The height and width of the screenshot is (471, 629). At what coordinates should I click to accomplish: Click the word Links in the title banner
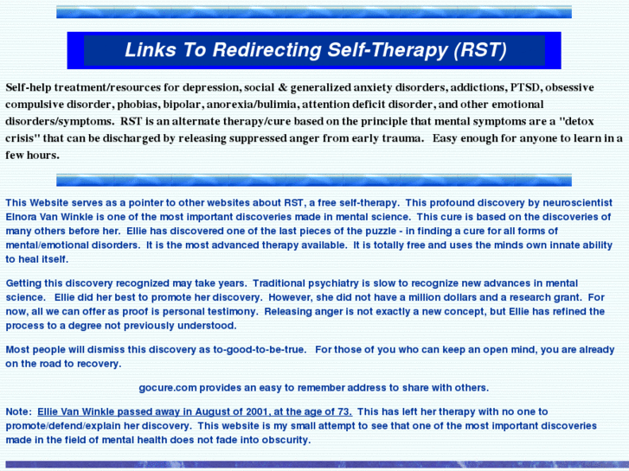coord(150,50)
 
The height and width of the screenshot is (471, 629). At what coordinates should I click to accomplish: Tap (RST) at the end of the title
coord(479,50)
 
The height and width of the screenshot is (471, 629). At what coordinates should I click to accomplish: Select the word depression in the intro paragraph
coord(231,88)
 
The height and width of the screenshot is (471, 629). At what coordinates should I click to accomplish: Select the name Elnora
coord(24,218)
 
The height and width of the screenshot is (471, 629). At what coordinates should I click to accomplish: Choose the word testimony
coord(206,311)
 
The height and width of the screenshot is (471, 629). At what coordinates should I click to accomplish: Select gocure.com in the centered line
coord(168,388)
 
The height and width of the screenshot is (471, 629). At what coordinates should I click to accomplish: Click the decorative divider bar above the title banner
coord(313,12)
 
